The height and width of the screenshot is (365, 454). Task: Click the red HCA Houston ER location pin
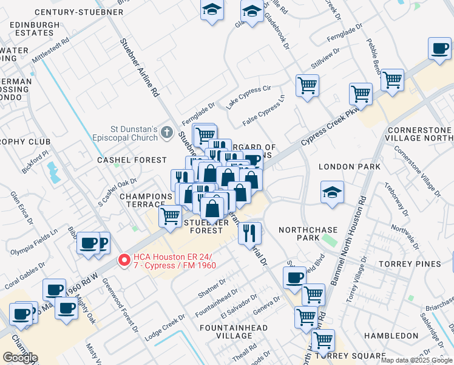tap(124, 260)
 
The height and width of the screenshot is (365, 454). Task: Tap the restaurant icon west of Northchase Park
tap(249, 232)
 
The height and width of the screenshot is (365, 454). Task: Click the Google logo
tap(20, 358)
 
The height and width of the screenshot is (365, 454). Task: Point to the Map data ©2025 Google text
tap(416, 360)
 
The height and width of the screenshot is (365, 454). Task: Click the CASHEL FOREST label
tap(132, 160)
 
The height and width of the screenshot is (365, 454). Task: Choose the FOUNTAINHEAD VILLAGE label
tap(234, 332)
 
